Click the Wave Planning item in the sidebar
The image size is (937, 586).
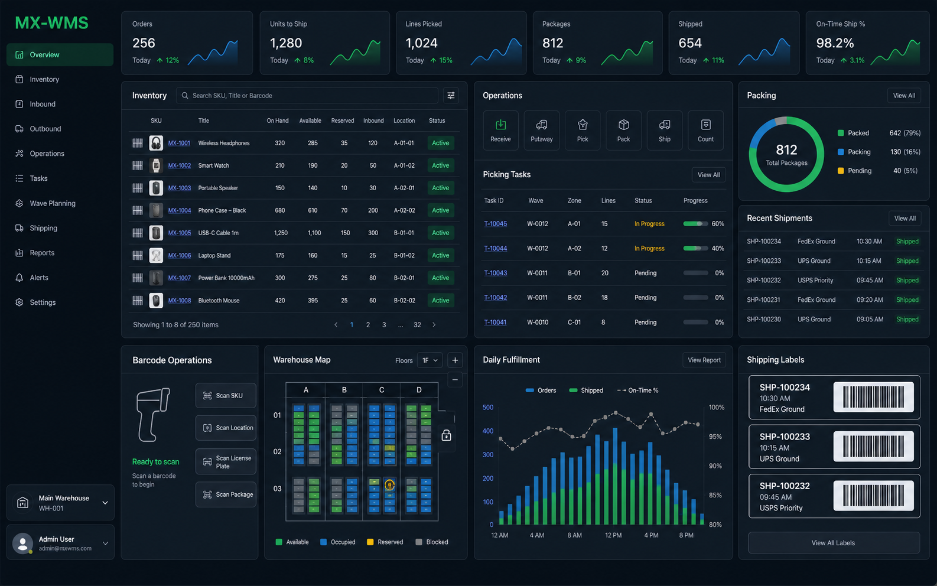53,203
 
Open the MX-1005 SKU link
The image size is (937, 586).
180,233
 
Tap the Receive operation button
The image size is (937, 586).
500,130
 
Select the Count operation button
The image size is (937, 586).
705,130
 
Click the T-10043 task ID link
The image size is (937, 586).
495,273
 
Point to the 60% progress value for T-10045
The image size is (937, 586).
718,224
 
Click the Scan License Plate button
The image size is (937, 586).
226,462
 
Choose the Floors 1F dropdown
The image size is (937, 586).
430,360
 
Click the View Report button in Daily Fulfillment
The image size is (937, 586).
704,360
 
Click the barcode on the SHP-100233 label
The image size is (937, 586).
873,447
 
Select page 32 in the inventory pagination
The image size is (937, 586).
417,325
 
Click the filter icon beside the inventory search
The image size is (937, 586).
451,96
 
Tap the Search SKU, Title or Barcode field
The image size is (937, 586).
307,96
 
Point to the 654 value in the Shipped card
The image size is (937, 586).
690,43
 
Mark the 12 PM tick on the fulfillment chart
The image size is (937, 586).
613,535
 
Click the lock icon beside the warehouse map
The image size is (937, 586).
446,435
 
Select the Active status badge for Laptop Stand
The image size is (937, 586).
441,256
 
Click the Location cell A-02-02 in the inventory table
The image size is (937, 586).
404,210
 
